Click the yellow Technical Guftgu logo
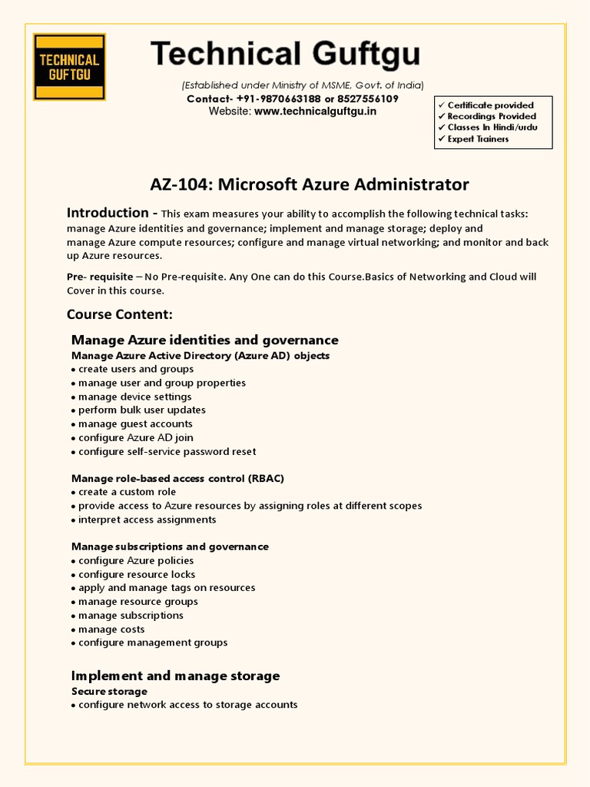pos(69,67)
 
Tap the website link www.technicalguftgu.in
pos(315,111)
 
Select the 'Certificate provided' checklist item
pos(490,105)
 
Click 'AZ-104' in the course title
pos(181,184)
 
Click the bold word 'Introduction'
pos(108,213)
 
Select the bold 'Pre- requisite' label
pos(100,277)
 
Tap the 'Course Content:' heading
pos(120,314)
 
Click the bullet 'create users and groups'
pos(136,369)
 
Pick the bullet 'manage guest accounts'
pos(135,423)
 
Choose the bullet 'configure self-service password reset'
pos(167,451)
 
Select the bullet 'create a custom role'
pos(127,492)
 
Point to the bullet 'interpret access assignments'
pos(147,520)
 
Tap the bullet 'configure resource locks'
pos(137,574)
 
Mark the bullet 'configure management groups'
pos(153,643)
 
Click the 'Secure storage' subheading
pos(109,692)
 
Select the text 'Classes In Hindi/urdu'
pos(492,128)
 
